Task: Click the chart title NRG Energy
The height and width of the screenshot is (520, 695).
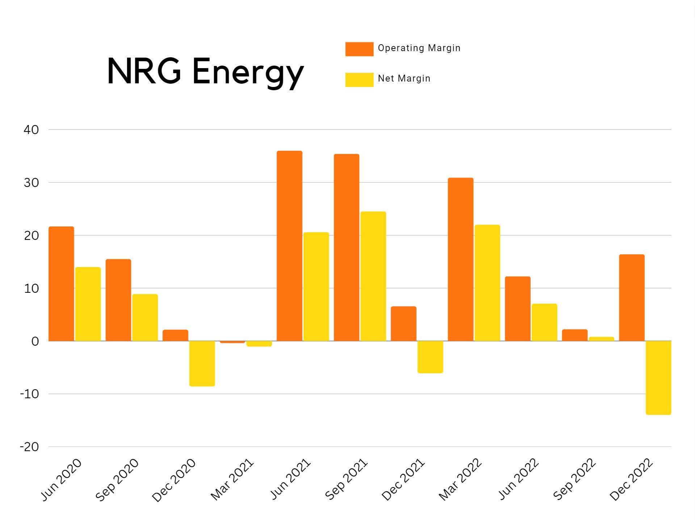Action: coord(205,71)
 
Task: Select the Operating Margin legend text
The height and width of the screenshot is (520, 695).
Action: coord(419,48)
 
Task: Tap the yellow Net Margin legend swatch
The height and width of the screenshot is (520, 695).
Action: coord(359,80)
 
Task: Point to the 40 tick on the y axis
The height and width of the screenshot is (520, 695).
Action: coord(31,130)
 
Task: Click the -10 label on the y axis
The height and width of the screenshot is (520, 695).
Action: coord(29,394)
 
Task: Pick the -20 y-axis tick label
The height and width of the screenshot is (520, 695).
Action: coord(29,447)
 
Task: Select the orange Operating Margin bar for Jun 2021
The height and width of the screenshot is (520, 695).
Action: coord(289,246)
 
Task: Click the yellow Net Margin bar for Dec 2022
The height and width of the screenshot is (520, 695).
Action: coord(658,378)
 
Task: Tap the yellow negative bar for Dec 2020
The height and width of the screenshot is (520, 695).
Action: coord(202,363)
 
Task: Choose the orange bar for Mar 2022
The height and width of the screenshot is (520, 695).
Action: coord(460,259)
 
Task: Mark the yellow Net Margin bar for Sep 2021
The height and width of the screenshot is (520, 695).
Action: coord(373,276)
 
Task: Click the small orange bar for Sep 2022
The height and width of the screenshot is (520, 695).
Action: coord(574,335)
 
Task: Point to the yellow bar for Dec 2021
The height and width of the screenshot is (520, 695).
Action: coord(430,357)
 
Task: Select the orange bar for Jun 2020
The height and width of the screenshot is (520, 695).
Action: coord(61,284)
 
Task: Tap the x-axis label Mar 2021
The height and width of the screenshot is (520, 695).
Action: coord(232,480)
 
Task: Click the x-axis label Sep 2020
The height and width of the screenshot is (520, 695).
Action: coord(117,480)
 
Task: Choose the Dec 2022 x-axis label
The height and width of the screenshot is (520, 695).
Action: coord(631,480)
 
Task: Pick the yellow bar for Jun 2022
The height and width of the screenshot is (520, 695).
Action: coord(544,322)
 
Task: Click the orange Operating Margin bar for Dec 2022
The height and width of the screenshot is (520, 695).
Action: coord(632,298)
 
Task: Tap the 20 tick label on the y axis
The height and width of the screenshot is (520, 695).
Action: coord(31,236)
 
